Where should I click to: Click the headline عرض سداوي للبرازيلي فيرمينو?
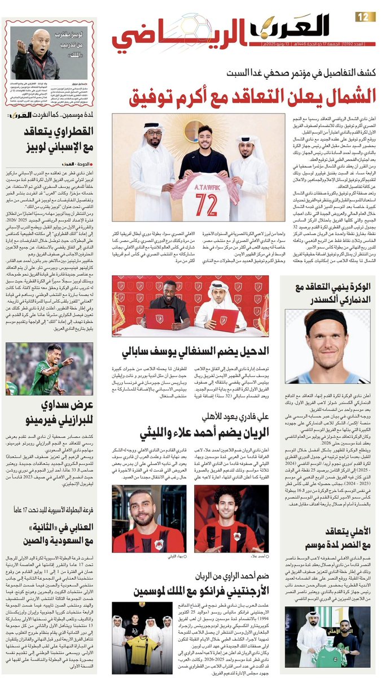(x=50, y=413)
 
